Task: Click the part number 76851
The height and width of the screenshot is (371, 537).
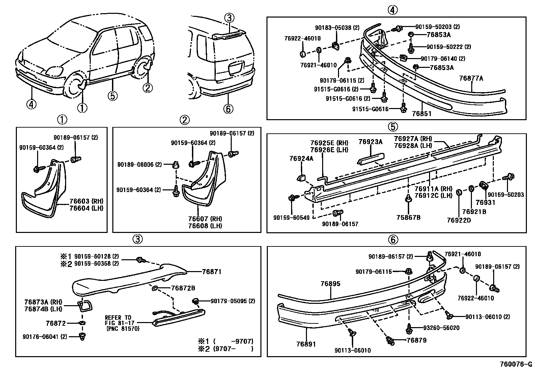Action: pyautogui.click(x=421, y=113)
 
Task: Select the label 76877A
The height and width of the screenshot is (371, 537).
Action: pyautogui.click(x=471, y=79)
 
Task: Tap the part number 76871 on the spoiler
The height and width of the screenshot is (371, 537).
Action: pyautogui.click(x=211, y=271)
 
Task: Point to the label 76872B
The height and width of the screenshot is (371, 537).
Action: pyautogui.click(x=183, y=288)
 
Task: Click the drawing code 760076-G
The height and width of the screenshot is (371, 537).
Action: pyautogui.click(x=514, y=365)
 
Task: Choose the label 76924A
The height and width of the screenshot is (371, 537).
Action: pyautogui.click(x=301, y=158)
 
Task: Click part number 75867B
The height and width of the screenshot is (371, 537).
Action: pyautogui.click(x=408, y=217)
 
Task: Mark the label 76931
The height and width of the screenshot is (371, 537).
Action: pyautogui.click(x=485, y=203)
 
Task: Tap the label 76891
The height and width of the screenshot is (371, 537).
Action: pyautogui.click(x=306, y=344)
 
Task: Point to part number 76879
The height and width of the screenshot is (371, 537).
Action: pyautogui.click(x=416, y=340)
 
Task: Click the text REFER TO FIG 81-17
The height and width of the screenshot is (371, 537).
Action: pyautogui.click(x=118, y=320)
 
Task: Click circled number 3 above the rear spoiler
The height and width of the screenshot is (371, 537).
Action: pyautogui.click(x=229, y=19)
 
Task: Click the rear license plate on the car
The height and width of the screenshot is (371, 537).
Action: pyautogui.click(x=236, y=69)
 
